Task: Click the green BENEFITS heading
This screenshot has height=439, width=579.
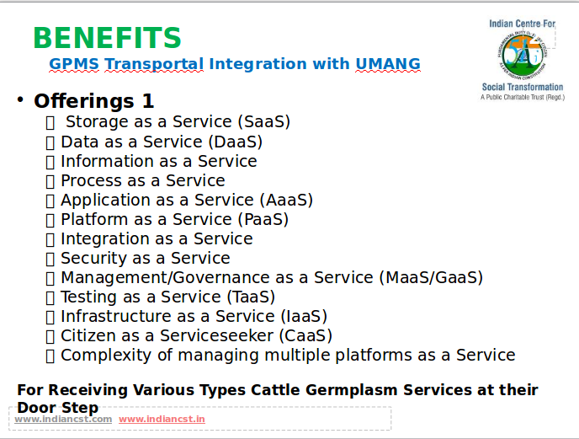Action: (x=107, y=38)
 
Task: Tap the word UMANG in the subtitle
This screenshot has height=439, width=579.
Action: (x=388, y=64)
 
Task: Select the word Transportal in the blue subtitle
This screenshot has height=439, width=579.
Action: (x=154, y=64)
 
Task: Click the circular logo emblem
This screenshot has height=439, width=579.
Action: (x=523, y=54)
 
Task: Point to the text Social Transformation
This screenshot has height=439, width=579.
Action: (x=523, y=87)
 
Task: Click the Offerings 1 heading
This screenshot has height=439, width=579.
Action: (x=93, y=101)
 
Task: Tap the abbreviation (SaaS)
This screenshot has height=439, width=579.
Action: (x=264, y=121)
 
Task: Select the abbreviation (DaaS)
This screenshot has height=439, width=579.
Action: (x=236, y=142)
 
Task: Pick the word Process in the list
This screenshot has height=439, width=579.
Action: (x=91, y=181)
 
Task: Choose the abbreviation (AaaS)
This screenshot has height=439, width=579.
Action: (x=286, y=200)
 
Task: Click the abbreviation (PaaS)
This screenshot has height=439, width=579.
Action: (x=263, y=219)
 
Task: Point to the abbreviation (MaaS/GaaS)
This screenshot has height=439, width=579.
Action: (x=431, y=278)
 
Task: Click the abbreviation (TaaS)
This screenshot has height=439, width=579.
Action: (x=251, y=297)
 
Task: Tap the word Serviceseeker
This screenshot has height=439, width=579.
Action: (x=217, y=335)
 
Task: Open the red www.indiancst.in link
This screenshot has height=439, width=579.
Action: (x=162, y=419)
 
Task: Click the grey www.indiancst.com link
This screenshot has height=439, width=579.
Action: (x=63, y=419)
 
